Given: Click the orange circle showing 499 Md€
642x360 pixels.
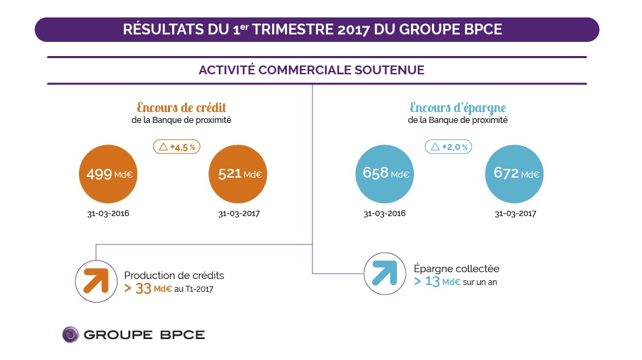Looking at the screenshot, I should (108, 174).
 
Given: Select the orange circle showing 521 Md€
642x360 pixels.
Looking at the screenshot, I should (239, 174).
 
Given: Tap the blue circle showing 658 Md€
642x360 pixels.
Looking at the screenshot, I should (381, 173).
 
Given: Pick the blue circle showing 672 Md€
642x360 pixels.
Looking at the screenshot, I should (514, 173).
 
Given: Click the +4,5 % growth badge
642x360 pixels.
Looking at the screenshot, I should (178, 146).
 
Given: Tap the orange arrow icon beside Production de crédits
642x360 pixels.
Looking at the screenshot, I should (96, 280).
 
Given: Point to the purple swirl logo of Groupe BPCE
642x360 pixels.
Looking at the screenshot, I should (71, 334).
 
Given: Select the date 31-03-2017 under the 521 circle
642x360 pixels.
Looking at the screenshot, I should (239, 214).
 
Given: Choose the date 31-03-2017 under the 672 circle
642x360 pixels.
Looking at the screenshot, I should (514, 214).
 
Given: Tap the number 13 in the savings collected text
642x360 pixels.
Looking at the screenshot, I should (432, 282).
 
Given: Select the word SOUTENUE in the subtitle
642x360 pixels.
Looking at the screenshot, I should (394, 70).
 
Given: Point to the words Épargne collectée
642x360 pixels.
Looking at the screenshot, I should (456, 268).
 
